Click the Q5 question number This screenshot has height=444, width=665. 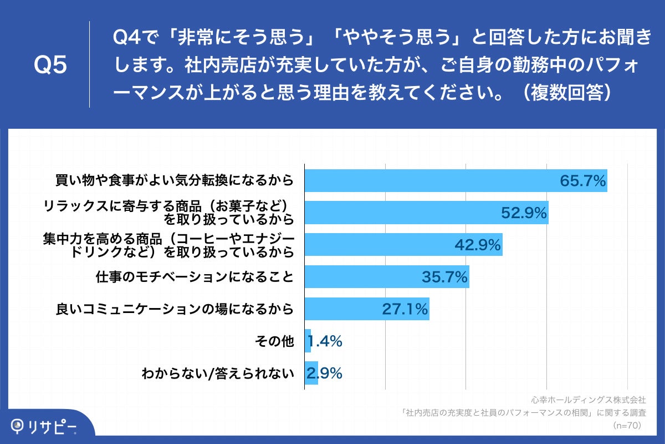pyautogui.click(x=50, y=65)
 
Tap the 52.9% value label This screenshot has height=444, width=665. pyautogui.click(x=524, y=213)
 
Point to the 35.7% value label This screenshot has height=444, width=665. pyautogui.click(x=445, y=277)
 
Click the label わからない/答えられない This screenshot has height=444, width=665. pyautogui.click(x=217, y=374)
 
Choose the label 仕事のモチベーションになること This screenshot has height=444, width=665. pyautogui.click(x=194, y=277)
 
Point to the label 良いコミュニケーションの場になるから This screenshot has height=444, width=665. pyautogui.click(x=175, y=309)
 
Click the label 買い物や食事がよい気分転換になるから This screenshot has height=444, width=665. pyautogui.click(x=174, y=181)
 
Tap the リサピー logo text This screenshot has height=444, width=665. pyautogui.click(x=53, y=426)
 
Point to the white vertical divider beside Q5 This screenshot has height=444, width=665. pyautogui.click(x=89, y=64)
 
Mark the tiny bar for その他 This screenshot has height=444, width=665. pyautogui.click(x=308, y=341)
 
